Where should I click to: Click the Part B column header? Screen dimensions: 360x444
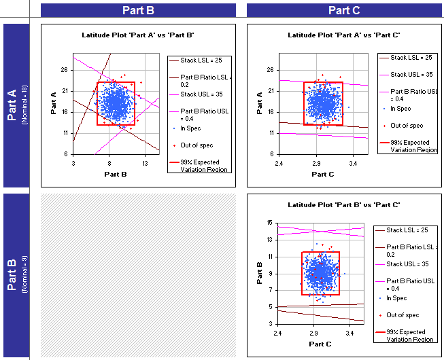[x=138, y=10]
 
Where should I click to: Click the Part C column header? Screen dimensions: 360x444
[x=344, y=10]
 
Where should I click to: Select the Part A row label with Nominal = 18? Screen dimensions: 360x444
[x=14, y=106]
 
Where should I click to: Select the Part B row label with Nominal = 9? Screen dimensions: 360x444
[x=14, y=275]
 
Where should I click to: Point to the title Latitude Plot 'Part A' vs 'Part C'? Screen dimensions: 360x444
[x=343, y=35]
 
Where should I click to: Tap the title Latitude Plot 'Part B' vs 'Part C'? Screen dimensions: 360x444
[x=343, y=204]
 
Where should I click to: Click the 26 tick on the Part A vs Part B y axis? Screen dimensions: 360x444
[x=64, y=69]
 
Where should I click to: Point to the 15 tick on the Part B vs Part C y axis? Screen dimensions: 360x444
[x=269, y=223]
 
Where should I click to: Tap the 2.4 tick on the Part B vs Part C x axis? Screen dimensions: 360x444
[x=278, y=334]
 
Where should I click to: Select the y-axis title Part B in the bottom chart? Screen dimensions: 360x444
[x=260, y=273]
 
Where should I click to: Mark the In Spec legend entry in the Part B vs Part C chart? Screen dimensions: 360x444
[x=399, y=298]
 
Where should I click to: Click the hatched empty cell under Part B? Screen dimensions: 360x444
[x=138, y=275]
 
